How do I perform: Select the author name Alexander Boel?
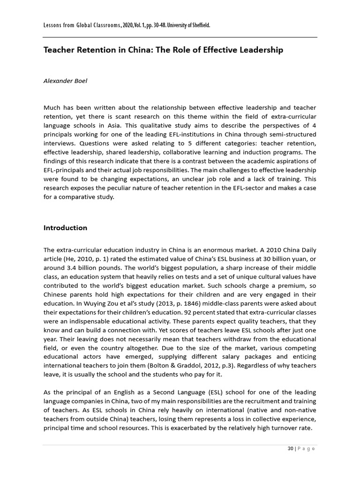click(65, 81)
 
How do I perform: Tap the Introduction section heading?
click(65, 228)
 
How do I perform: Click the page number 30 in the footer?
click(290, 449)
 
